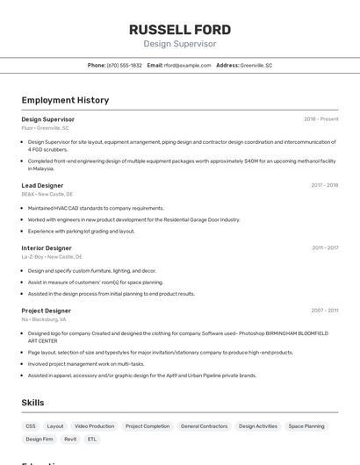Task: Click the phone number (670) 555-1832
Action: pos(124,66)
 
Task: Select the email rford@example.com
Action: pos(187,66)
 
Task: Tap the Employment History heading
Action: pos(65,100)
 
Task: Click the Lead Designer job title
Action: pos(42,186)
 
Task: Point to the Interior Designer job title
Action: pos(47,248)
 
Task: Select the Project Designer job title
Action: pos(46,311)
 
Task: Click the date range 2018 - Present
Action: pos(320,119)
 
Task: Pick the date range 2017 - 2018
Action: pos(324,186)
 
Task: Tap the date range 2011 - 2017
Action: pos(325,248)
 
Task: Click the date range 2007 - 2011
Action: pos(324,311)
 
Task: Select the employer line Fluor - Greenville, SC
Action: pos(45,128)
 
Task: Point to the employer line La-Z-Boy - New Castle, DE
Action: pos(52,257)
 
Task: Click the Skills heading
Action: pos(32,403)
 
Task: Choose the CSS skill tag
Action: pos(31,426)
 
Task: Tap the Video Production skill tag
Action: pos(94,426)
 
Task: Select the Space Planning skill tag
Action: pos(306,426)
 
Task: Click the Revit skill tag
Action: pos(70,439)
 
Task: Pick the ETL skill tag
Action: pos(92,439)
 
